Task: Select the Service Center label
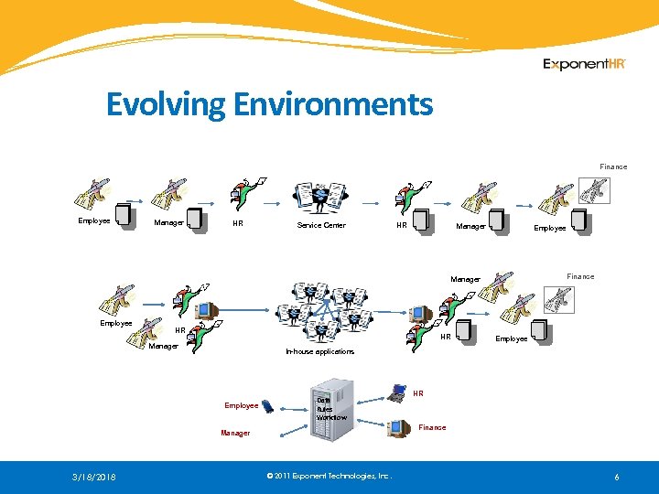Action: pyautogui.click(x=321, y=225)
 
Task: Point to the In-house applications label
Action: pyautogui.click(x=319, y=351)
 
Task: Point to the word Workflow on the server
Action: pyautogui.click(x=331, y=418)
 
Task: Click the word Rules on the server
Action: pyautogui.click(x=325, y=409)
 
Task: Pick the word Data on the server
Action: pyautogui.click(x=323, y=400)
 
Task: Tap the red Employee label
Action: pyautogui.click(x=241, y=405)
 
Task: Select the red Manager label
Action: pyautogui.click(x=235, y=433)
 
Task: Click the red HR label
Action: pyautogui.click(x=418, y=393)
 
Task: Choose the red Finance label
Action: pyautogui.click(x=432, y=427)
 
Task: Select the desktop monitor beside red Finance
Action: pyautogui.click(x=398, y=427)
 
